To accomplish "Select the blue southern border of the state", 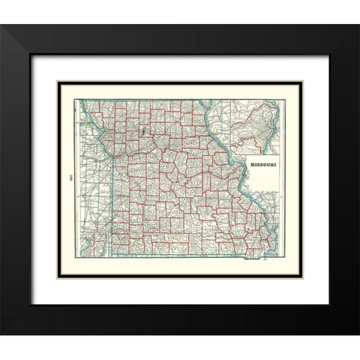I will pyautogui.click(x=180, y=255).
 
